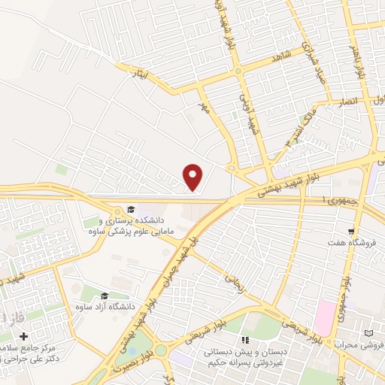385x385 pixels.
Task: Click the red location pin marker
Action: click(194, 176)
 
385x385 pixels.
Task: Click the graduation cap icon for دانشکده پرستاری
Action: click(131, 210)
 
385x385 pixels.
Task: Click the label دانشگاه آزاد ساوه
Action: click(104, 307)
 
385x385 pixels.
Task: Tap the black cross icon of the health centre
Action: click(23, 336)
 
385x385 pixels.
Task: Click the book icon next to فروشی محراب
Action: click(368, 333)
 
